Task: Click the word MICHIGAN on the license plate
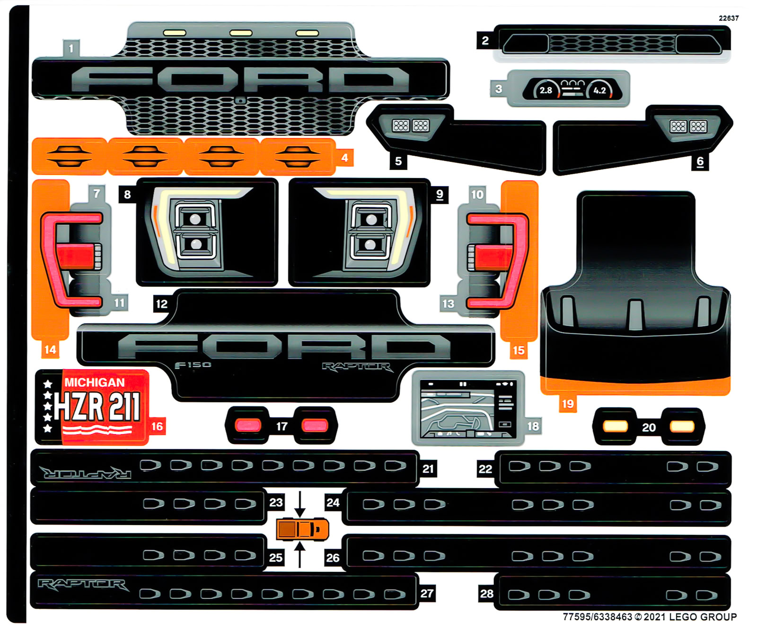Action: tap(94, 382)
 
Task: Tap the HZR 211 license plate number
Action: tap(97, 407)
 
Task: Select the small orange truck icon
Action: tap(302, 529)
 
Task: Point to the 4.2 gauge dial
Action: tap(599, 90)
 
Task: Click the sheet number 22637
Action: tap(728, 18)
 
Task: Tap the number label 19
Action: tap(568, 404)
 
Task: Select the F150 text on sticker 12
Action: tap(193, 365)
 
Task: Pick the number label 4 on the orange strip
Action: tap(344, 158)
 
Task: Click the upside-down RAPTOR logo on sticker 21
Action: tap(85, 472)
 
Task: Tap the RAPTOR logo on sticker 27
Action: tap(83, 585)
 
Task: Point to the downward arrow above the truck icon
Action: tap(299, 504)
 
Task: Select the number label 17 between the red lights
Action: tap(282, 427)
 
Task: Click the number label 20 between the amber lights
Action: tap(649, 427)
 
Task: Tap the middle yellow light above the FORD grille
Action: tap(241, 33)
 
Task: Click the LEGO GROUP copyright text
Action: tap(649, 617)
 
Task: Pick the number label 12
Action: tap(162, 304)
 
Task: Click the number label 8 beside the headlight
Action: tap(127, 194)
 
